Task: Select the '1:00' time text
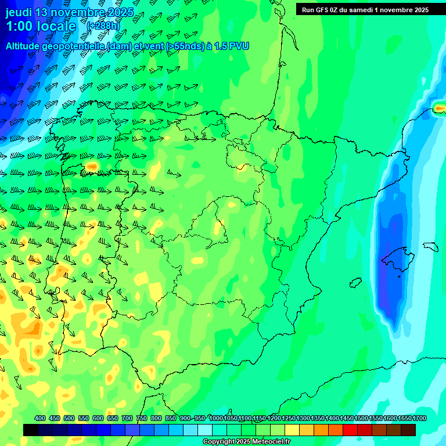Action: tap(18, 27)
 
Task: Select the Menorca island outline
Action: tap(430, 246)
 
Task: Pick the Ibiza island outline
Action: tap(355, 283)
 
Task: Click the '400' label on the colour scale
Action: tap(40, 418)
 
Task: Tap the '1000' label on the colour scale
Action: tap(215, 418)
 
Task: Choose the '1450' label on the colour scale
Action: tap(347, 418)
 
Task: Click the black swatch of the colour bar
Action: tap(31, 430)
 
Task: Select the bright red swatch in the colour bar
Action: tap(350, 430)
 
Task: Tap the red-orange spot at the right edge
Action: tap(440, 108)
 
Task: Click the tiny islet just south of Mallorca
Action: tap(400, 275)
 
